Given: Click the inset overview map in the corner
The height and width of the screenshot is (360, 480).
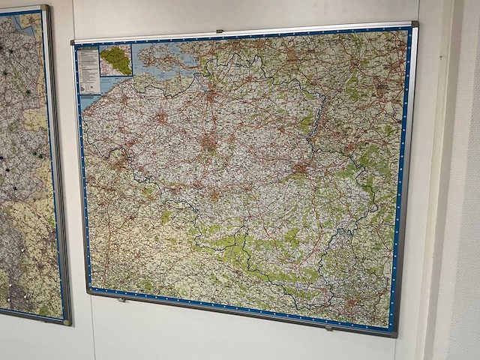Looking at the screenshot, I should [115, 60].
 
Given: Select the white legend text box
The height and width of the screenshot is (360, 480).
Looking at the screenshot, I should [88, 70].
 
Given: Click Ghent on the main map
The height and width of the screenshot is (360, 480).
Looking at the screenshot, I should [161, 118].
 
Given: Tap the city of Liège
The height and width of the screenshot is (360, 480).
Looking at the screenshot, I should [301, 166].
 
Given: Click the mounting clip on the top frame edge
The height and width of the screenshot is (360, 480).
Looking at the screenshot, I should [220, 31].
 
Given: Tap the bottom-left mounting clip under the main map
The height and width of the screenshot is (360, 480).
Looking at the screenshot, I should [122, 299].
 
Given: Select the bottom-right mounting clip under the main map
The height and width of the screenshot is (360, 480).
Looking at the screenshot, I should [327, 328].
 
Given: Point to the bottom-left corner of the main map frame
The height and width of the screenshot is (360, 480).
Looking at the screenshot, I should [89, 291].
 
